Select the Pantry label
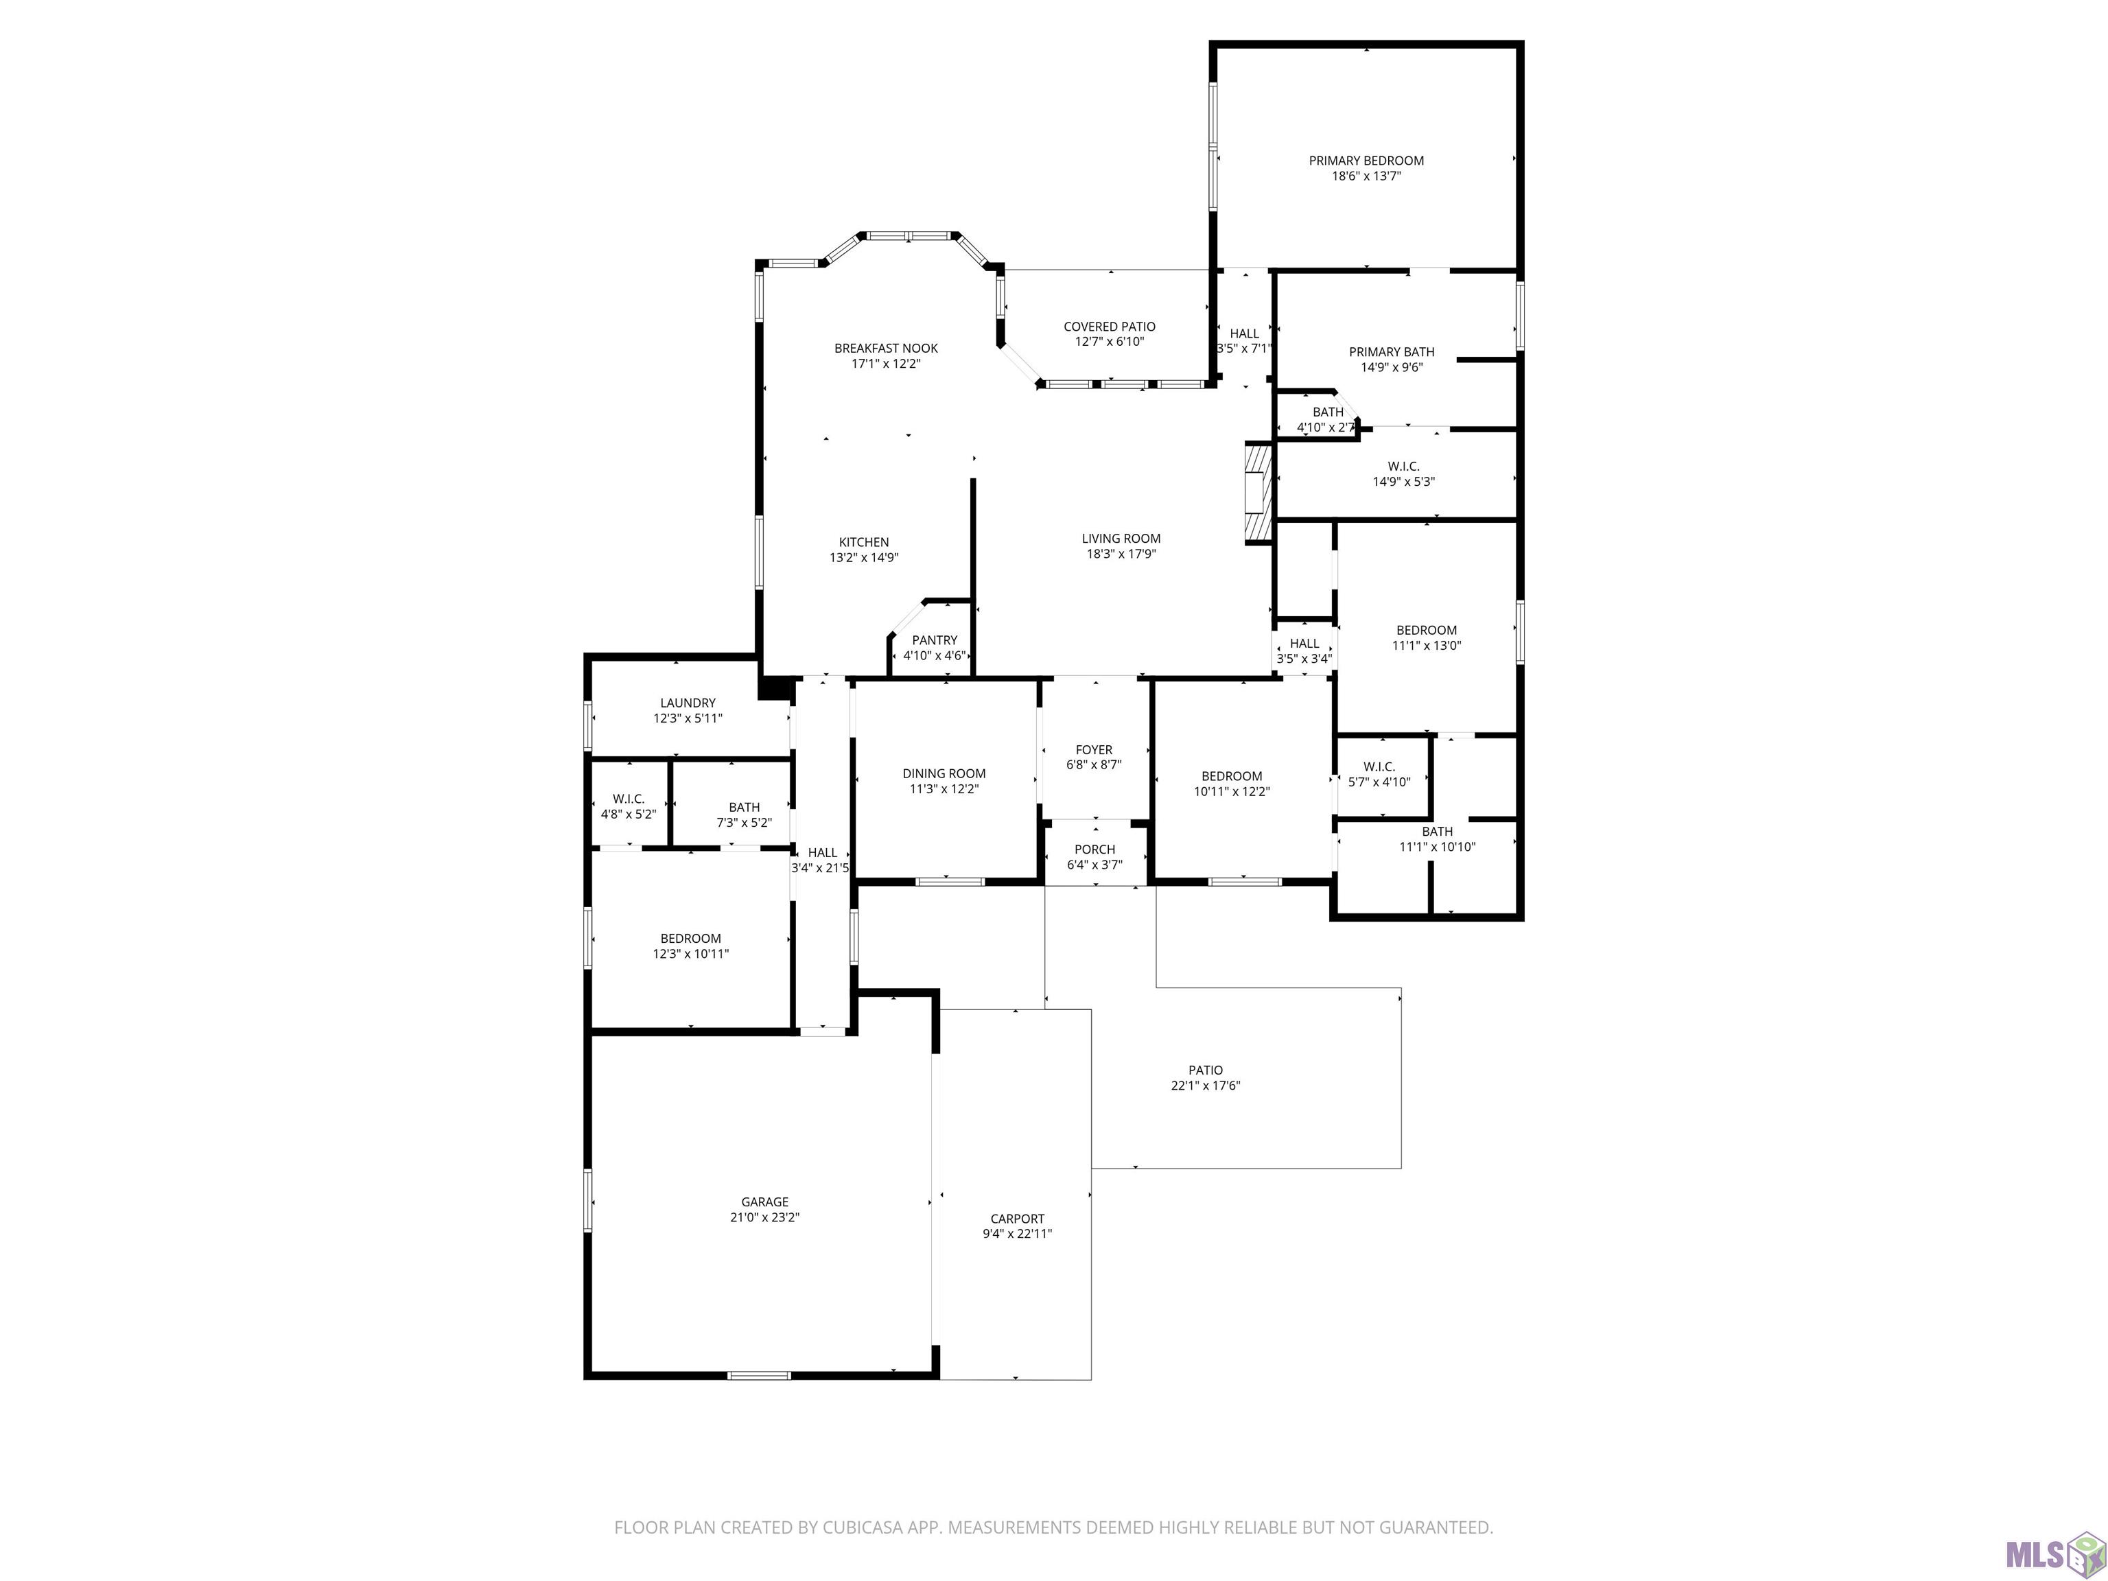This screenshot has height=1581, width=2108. point(934,640)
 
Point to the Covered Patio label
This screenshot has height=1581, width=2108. point(1110,327)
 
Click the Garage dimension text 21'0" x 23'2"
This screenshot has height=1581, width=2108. point(764,1217)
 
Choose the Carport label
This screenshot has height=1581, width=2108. point(1017,1219)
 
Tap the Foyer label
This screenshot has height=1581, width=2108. point(1094,750)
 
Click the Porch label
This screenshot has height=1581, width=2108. point(1094,849)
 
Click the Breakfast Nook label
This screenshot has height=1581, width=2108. point(887,349)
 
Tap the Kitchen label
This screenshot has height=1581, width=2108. point(863,542)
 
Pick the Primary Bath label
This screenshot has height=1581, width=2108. point(1392,351)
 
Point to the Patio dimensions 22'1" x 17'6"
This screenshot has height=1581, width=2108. point(1206,1086)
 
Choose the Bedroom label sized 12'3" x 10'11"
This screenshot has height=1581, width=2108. point(691,939)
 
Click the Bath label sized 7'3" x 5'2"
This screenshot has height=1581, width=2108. point(745,807)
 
